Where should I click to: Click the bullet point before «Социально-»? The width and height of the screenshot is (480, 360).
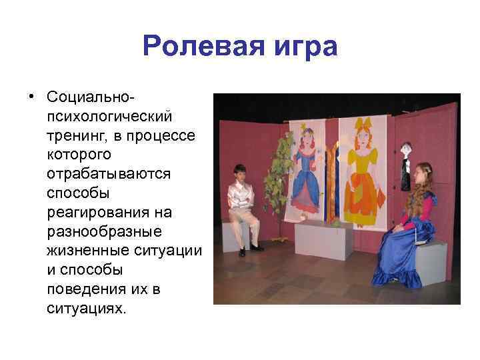coord(31,97)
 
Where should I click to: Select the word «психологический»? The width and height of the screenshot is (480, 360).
coord(109,116)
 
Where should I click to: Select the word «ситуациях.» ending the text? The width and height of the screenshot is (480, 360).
coord(86,309)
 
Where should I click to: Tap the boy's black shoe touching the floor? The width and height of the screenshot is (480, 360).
coord(243,252)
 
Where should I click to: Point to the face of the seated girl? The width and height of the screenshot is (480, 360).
coord(418,175)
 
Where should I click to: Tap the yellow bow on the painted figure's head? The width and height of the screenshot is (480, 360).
coord(365,123)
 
